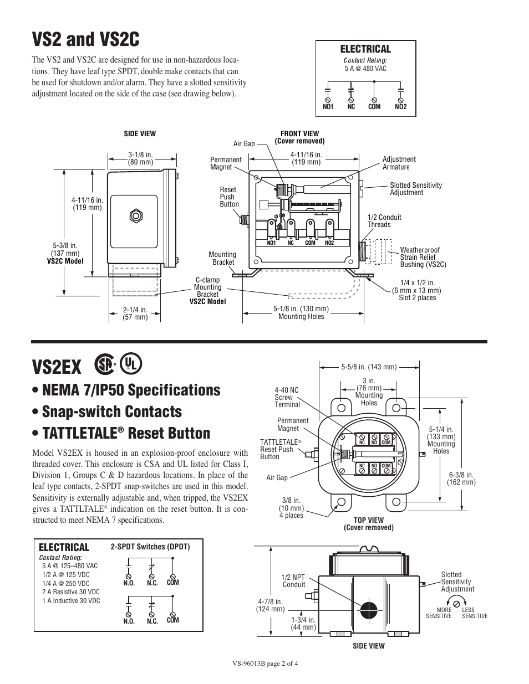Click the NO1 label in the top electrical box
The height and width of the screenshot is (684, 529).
(328, 107)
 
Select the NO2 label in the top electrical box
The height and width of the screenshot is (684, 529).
(401, 107)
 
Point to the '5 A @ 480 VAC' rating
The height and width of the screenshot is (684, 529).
(365, 69)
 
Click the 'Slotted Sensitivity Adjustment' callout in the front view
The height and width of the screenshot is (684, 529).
(416, 189)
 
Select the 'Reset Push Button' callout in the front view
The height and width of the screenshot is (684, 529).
(229, 197)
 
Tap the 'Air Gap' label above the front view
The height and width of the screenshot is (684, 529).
(244, 144)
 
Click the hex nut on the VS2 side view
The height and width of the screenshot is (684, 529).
(134, 215)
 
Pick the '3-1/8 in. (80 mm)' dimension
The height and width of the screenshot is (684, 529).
(140, 158)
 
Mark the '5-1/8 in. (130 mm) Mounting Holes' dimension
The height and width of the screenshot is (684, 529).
(301, 312)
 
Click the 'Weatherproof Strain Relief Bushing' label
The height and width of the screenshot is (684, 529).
(423, 258)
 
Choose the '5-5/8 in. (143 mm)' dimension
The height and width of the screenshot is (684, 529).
(369, 367)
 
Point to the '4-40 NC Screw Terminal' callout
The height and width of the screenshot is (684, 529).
(287, 397)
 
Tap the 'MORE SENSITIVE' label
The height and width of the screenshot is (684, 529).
(439, 613)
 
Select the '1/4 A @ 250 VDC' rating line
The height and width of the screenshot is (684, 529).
(65, 583)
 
